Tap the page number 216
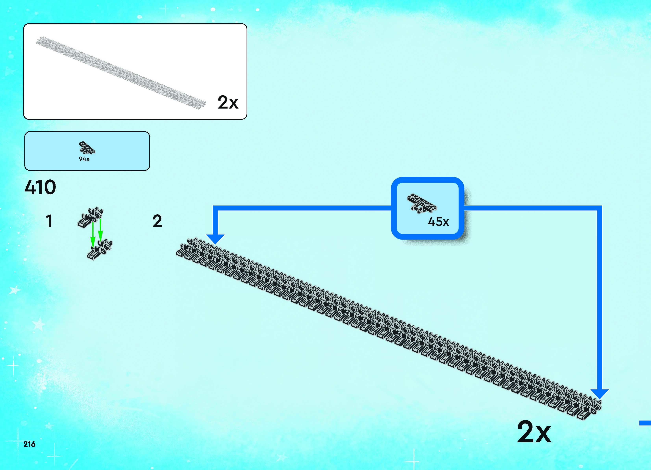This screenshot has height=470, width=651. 29,444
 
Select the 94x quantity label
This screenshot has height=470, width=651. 84,159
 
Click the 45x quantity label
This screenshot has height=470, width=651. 438,221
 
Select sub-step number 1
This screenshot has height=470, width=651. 49,221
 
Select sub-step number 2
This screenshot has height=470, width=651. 157,221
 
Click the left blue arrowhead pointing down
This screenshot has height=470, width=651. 215,239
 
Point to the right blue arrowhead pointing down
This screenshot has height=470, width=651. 600,394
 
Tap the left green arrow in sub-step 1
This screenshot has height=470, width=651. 93,234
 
